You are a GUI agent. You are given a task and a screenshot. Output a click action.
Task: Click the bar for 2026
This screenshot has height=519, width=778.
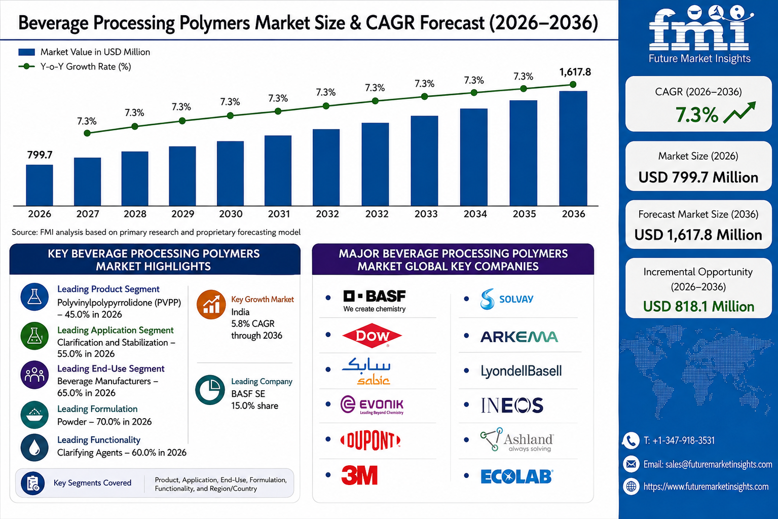[40, 185]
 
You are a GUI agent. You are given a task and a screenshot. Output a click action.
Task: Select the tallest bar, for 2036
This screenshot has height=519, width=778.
[573, 149]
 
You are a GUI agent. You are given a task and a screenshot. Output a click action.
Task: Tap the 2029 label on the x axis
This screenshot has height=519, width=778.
[182, 214]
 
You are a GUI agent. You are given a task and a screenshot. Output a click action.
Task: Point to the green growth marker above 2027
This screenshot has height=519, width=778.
[87, 133]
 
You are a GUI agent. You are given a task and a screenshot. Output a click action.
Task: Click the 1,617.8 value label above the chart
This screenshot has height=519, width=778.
[575, 72]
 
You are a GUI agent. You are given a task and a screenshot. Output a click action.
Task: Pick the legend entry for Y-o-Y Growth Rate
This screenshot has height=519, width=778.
[75, 66]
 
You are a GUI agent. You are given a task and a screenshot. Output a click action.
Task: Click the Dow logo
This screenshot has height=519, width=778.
[372, 335]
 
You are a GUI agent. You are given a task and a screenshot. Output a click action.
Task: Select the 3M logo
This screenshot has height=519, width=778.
[359, 475]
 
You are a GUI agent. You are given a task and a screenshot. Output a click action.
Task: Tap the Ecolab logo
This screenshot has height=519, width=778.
[517, 476]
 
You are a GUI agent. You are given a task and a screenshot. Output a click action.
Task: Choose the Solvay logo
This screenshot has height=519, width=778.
[507, 299]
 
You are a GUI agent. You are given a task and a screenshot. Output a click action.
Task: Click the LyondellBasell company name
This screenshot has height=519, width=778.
[521, 370]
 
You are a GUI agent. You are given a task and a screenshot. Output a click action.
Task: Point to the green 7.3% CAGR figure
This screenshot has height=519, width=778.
[696, 115]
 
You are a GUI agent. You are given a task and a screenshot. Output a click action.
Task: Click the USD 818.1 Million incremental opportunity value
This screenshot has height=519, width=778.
[698, 307]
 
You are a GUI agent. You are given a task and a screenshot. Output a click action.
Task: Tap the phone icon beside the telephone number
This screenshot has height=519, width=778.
[631, 440]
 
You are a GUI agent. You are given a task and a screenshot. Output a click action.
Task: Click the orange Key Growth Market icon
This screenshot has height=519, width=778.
[211, 304]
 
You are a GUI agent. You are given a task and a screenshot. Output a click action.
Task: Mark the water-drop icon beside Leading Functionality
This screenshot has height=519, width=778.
[34, 448]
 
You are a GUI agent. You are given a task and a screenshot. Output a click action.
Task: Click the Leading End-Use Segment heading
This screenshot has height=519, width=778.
[111, 368]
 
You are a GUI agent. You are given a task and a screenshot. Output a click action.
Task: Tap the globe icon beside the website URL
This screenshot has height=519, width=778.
[631, 487]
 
